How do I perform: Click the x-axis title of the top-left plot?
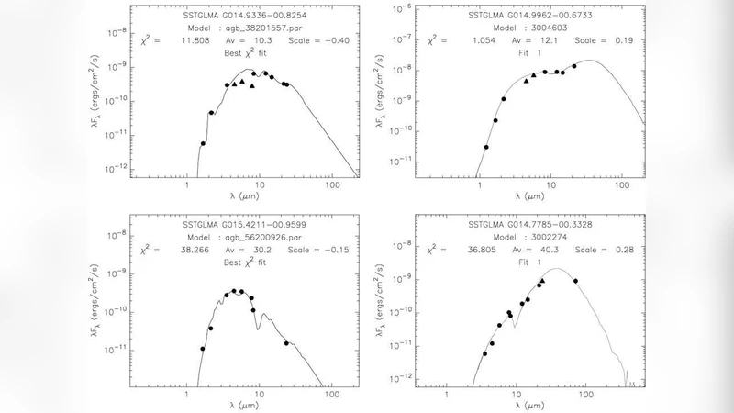(x=245, y=195)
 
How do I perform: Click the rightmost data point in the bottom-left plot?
(x=287, y=343)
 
